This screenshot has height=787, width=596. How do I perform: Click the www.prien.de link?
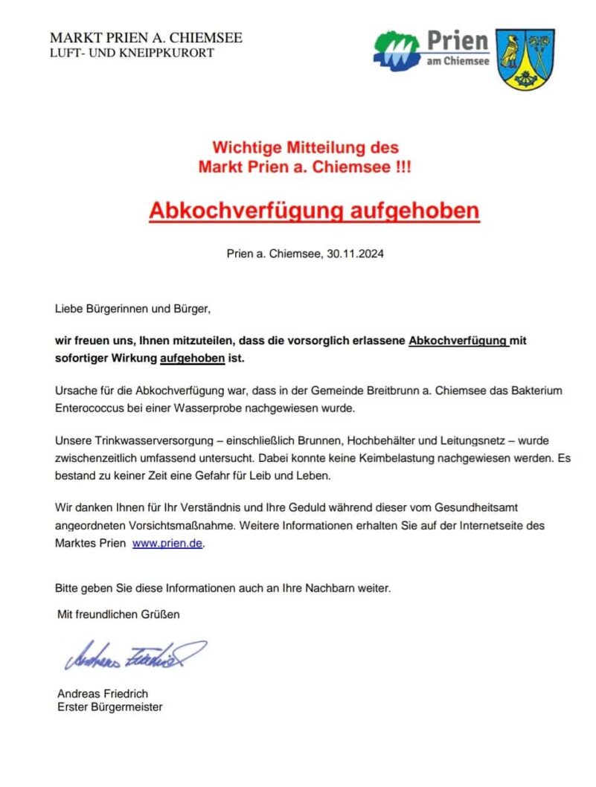167,544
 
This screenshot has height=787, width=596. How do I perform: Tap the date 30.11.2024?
355,254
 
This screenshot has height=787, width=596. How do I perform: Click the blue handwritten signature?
134,654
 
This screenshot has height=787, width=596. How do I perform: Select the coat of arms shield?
525,60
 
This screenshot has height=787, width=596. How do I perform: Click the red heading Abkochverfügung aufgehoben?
314,211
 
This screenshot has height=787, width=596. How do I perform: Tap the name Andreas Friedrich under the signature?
103,694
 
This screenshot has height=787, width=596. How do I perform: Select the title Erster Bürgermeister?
109,707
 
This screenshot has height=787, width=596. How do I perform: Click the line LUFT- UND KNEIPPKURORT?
132,53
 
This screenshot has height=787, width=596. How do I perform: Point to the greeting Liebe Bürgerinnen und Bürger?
138,307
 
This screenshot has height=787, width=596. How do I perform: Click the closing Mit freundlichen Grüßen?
119,614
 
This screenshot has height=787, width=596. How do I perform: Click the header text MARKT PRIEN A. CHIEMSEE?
146,38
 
